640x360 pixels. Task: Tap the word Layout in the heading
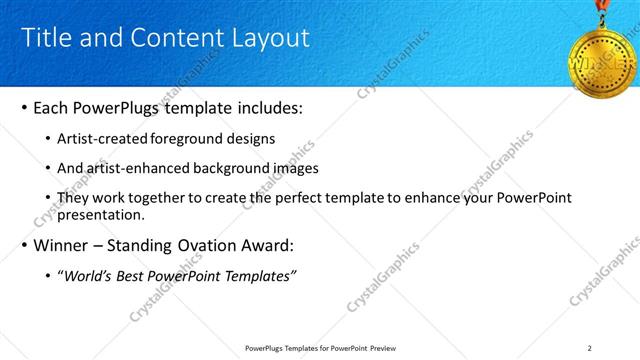tap(270, 38)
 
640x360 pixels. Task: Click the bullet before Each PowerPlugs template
tap(24, 107)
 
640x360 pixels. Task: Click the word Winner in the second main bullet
tap(62, 246)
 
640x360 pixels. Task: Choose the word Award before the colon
tap(262, 246)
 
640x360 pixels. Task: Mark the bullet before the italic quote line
tap(50, 276)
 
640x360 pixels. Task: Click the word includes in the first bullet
tap(257, 107)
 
